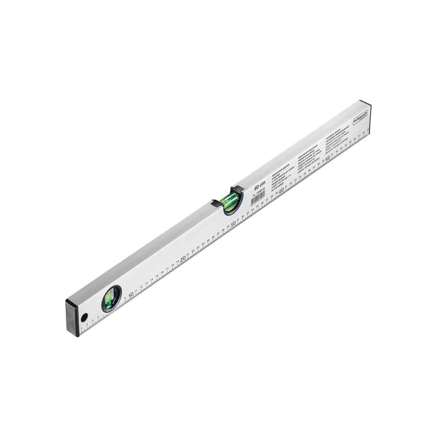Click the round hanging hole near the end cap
[84, 317]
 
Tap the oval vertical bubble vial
[111, 299]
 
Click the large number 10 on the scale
[131, 294]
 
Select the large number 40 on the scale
[282, 191]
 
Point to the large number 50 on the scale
[328, 159]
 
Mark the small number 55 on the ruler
[350, 143]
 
